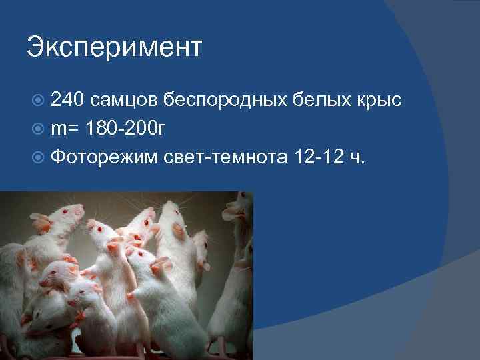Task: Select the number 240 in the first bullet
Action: tap(67, 100)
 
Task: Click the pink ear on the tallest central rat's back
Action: tap(178, 231)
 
